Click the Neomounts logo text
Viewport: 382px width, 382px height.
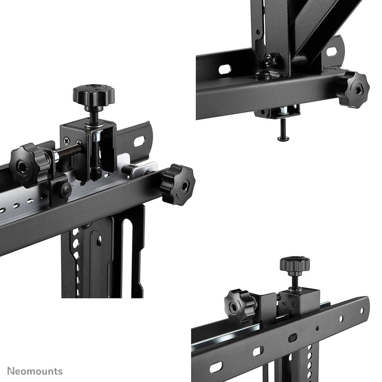[x=34, y=372]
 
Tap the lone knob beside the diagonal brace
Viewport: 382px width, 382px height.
[x=352, y=89]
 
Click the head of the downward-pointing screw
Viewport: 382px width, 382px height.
[x=283, y=139]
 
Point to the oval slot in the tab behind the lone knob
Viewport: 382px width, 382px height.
[x=332, y=52]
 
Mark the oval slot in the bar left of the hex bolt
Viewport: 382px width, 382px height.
[x=224, y=70]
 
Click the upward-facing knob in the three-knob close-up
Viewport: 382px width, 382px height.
[x=93, y=95]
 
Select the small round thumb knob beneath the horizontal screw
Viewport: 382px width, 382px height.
[x=64, y=189]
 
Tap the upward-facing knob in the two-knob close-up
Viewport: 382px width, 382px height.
[x=295, y=265]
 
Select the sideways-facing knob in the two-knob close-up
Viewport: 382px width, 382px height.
[x=240, y=306]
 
